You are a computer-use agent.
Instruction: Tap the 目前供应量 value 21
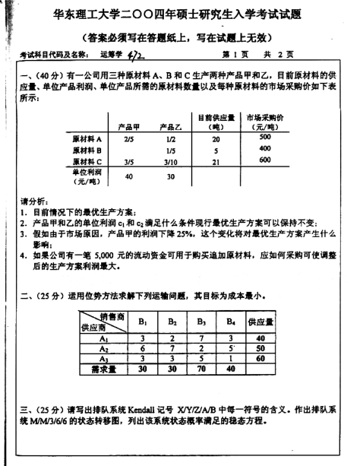pyautogui.click(x=216, y=161)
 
